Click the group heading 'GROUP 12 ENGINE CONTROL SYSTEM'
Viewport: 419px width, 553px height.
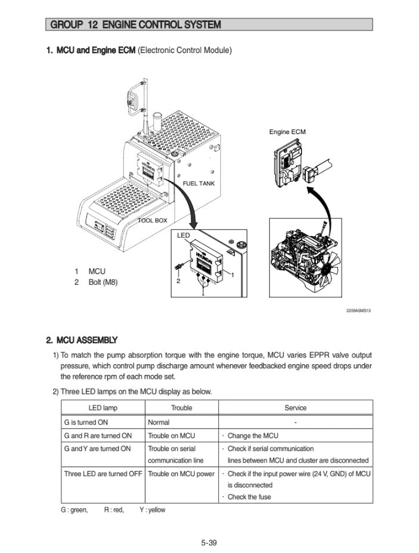tap(136, 25)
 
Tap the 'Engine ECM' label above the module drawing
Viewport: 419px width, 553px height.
tap(287, 132)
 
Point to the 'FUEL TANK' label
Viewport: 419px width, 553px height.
tap(198, 184)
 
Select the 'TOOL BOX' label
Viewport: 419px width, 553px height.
tap(153, 220)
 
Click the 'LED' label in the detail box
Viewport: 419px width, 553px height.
tap(184, 236)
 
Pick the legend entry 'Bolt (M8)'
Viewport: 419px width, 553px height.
tap(103, 282)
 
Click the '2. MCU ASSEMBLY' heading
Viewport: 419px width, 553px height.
tap(82, 340)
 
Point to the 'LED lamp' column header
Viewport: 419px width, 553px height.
tap(103, 408)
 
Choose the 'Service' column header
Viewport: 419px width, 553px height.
tap(295, 408)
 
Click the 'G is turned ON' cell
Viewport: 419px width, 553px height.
tap(86, 422)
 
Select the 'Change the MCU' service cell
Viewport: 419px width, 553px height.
tap(253, 436)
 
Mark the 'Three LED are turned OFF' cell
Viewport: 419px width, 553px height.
tap(103, 474)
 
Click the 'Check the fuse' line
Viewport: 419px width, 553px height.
tap(249, 496)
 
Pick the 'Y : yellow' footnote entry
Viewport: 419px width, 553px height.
tap(152, 510)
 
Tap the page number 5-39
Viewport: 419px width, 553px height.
tap(209, 542)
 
